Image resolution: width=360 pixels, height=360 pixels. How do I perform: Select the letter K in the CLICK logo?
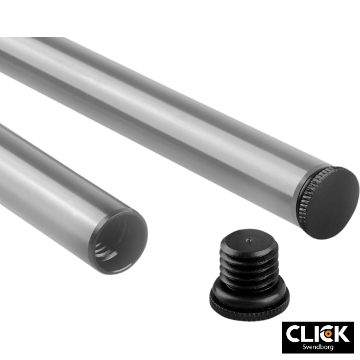tap(341, 333)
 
